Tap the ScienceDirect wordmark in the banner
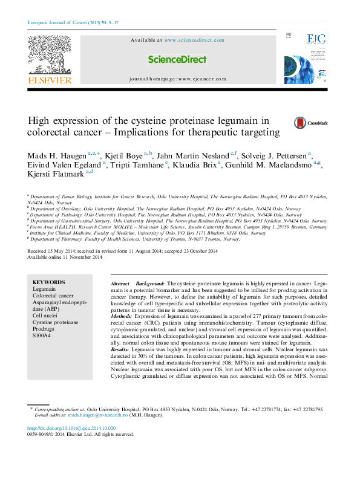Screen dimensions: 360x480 pyautogui.click(x=177, y=60)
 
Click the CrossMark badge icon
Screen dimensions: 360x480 pyautogui.click(x=310, y=123)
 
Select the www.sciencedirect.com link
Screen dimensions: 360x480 pyautogui.click(x=194, y=41)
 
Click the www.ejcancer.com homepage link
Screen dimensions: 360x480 pyautogui.click(x=201, y=79)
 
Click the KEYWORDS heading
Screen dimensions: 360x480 pyautogui.click(x=48, y=282)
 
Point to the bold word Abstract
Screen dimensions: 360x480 pyautogui.click(x=120, y=284)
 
